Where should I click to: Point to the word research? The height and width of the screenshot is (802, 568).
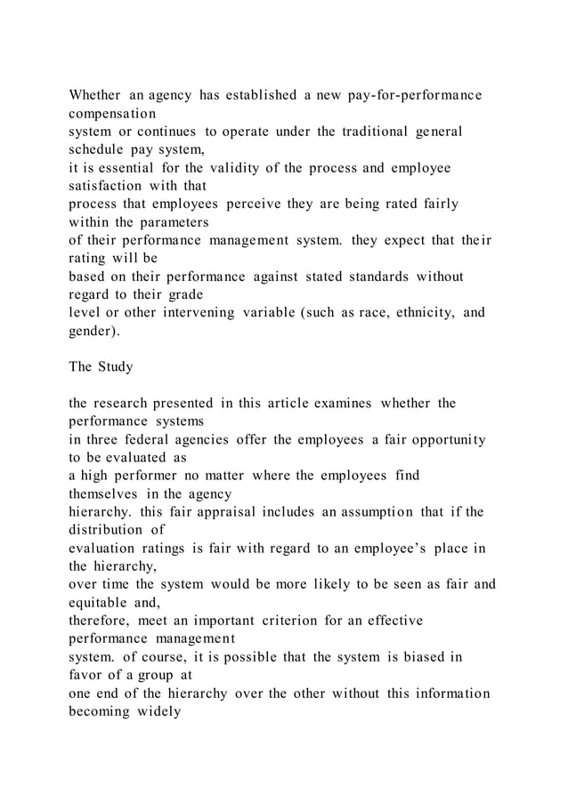coord(132,404)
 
